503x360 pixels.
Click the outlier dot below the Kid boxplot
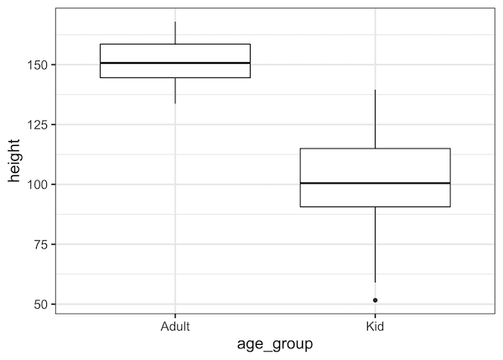click(x=375, y=300)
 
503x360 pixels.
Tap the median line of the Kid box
click(x=375, y=183)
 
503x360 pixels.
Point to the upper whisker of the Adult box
click(x=174, y=33)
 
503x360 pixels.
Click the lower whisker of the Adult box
click(x=174, y=91)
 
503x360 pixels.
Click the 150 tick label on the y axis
click(x=37, y=65)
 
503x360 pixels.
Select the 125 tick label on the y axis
click(x=37, y=124)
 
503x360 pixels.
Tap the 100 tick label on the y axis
click(x=37, y=185)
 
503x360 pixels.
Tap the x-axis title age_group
click(x=274, y=344)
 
